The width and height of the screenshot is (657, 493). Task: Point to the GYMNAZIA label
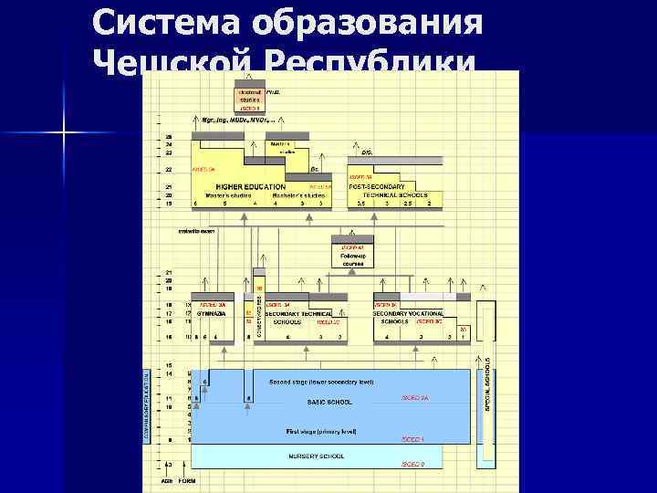212,313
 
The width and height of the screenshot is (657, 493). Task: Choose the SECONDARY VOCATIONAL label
408,313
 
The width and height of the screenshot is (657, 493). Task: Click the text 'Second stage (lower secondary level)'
320,382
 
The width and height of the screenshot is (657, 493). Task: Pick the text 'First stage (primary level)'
320,430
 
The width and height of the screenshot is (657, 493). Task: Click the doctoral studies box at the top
250,99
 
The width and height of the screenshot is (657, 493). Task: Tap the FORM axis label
186,479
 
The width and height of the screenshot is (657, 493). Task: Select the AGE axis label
167,479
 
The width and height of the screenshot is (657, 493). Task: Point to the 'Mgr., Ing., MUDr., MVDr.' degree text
226,120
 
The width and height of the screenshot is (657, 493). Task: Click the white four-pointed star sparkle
64,134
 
